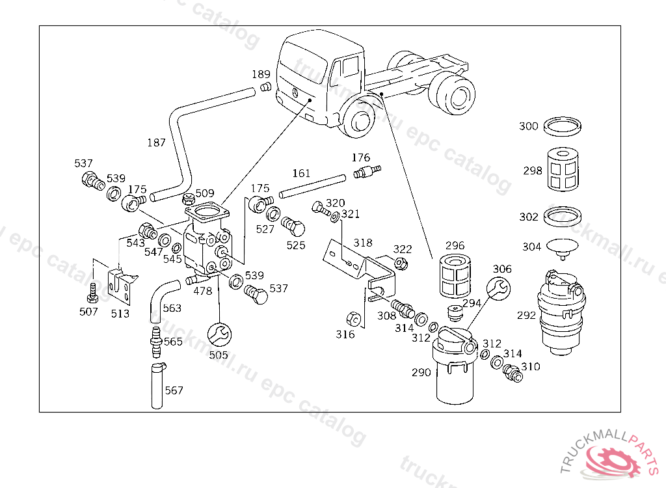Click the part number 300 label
pos(528,126)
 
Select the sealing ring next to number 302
pos(563,217)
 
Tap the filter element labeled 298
pos(563,170)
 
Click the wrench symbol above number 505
pos(219,334)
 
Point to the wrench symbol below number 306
pos(498,289)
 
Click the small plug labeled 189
pos(266,88)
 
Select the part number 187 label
pos(156,143)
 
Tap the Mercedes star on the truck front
pos(295,92)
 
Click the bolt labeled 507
pos(92,292)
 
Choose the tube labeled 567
pos(157,386)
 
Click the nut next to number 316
pos(354,319)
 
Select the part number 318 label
pos(363,243)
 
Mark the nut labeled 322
pos(401,264)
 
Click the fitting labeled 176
pos(367,172)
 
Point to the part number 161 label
pos(301,174)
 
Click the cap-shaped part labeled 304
pos(563,248)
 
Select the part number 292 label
pos(526,316)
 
